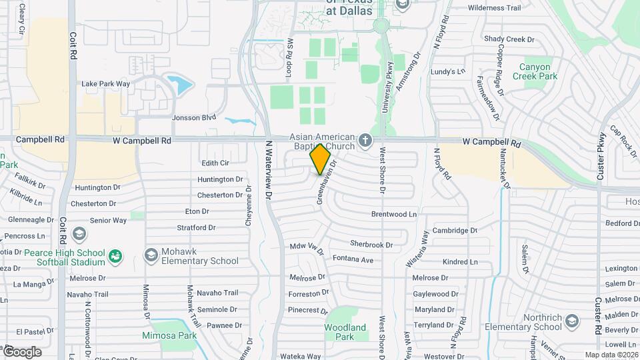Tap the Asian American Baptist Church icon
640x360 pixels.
click(x=365, y=141)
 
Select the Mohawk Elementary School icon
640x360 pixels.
click(x=151, y=255)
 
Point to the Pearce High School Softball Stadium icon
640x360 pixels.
click(x=115, y=256)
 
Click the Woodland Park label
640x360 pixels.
click(x=345, y=332)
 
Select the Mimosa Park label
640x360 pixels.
click(x=169, y=336)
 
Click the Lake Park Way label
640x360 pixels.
click(x=105, y=84)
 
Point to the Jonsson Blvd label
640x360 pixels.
click(x=194, y=117)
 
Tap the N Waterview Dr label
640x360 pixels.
click(x=270, y=169)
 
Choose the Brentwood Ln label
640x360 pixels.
click(x=394, y=215)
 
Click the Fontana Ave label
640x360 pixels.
click(x=353, y=259)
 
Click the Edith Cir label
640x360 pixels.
click(x=215, y=163)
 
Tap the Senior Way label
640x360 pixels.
click(x=108, y=220)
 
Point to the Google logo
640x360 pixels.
click(x=22, y=351)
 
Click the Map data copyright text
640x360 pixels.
click(x=611, y=355)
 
